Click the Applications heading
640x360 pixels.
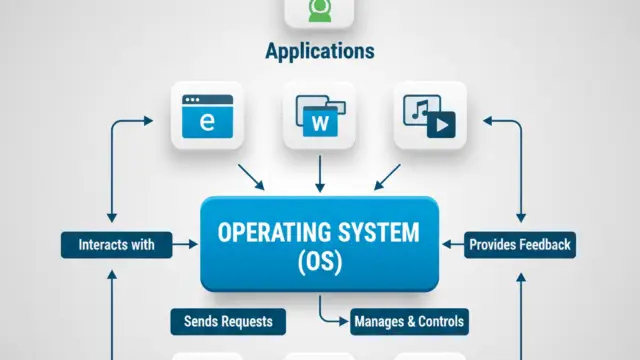pos(320,50)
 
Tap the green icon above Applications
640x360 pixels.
pos(320,10)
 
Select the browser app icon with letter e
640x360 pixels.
pos(207,116)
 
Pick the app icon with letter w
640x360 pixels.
pos(320,116)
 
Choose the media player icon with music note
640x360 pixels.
pos(430,116)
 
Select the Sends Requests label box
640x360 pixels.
pos(227,321)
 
